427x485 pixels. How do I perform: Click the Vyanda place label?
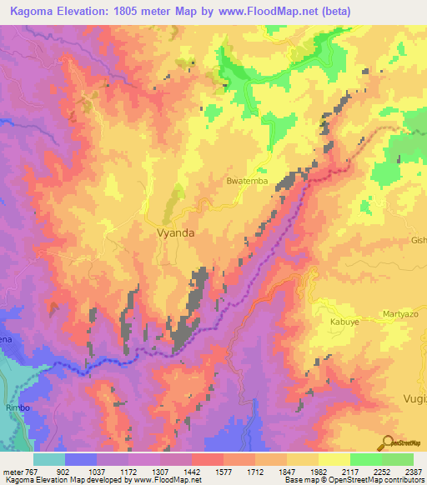pos(176,234)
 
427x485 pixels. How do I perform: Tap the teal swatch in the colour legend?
pos(48,459)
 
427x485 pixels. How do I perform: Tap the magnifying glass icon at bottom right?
pos(387,443)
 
